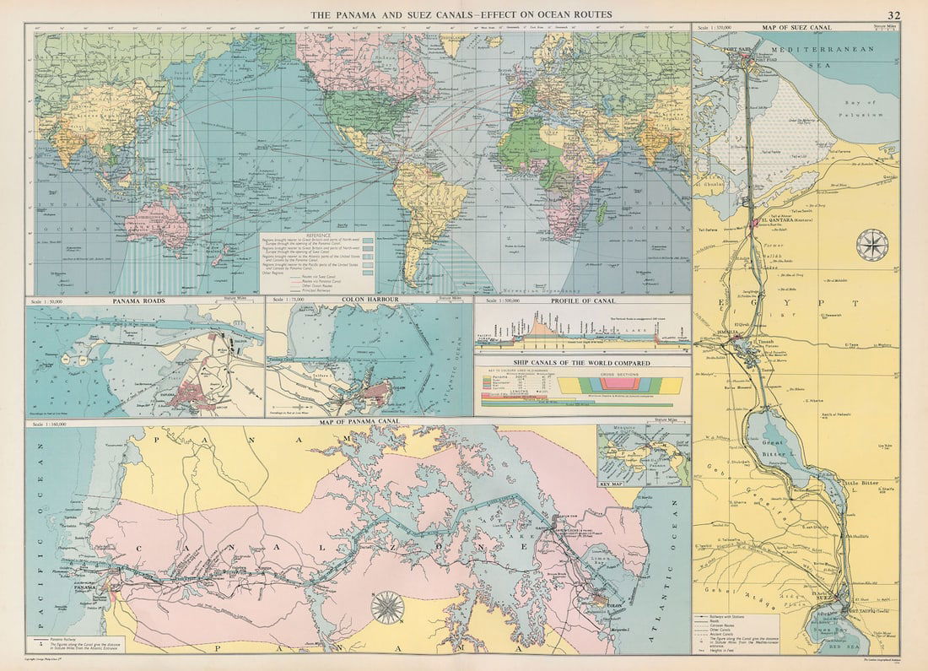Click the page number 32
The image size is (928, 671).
[x=893, y=15]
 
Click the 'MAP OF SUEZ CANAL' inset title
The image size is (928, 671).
[x=796, y=28]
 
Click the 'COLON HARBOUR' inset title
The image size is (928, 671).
[x=370, y=300]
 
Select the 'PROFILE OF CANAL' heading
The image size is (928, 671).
[x=581, y=300]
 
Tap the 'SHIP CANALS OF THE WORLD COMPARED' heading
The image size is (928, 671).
[x=581, y=363]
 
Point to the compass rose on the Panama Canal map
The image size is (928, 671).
[x=387, y=606]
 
